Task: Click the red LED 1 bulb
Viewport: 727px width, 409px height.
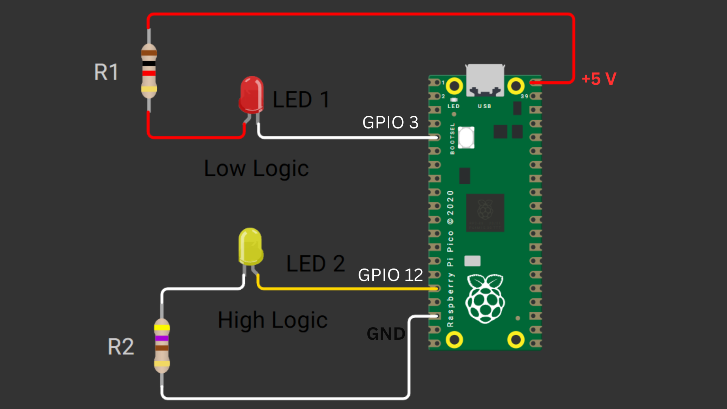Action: [x=251, y=95]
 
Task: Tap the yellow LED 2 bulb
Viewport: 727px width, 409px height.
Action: [x=250, y=246]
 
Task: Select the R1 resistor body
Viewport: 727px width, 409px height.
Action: [x=149, y=71]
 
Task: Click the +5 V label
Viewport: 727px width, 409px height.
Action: [x=599, y=79]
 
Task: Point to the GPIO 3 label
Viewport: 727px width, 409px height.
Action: [x=390, y=122]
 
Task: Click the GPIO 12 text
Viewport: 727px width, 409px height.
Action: [x=390, y=275]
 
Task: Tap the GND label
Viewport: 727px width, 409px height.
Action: [x=386, y=334]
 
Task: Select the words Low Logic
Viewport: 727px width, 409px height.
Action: [x=256, y=169]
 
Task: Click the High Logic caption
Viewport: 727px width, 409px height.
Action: [x=272, y=320]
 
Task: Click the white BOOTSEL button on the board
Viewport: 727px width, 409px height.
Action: [x=466, y=137]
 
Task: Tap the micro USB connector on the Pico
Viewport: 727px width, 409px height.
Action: [x=485, y=80]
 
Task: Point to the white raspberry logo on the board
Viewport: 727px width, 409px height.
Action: [x=485, y=299]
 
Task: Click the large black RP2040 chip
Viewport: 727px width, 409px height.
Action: [x=485, y=212]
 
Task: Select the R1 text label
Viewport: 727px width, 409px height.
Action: [x=106, y=72]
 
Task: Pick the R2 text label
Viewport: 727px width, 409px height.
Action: [x=121, y=347]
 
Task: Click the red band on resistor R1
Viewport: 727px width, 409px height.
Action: [x=149, y=73]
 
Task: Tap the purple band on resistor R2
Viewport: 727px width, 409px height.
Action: [x=162, y=338]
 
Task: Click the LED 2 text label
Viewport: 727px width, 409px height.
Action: [x=315, y=264]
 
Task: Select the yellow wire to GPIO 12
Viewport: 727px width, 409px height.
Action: [x=341, y=289]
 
